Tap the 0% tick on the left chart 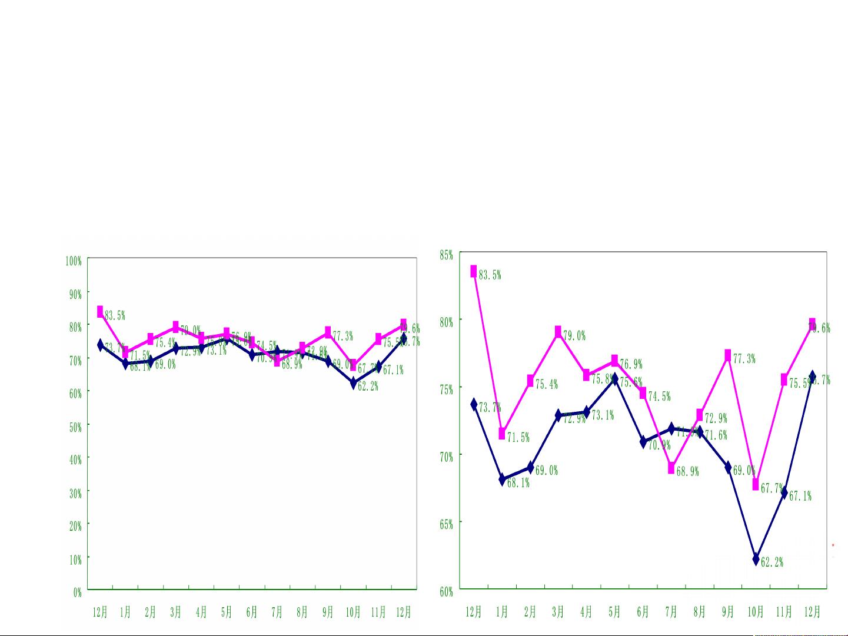click(77, 592)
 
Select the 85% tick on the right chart click(447, 254)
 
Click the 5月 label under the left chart click(227, 612)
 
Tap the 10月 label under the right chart click(756, 612)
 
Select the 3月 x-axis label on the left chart click(175, 612)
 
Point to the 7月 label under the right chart click(671, 612)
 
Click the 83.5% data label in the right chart click(490, 275)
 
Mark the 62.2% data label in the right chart click(771, 563)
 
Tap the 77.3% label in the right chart click(744, 359)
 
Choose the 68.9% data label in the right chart click(687, 472)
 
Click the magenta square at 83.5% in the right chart click(473, 271)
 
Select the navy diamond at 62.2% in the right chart click(756, 558)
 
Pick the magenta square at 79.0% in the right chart click(558, 332)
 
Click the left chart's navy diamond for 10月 click(353, 383)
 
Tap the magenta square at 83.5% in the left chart click(100, 311)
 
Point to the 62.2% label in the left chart click(368, 387)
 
